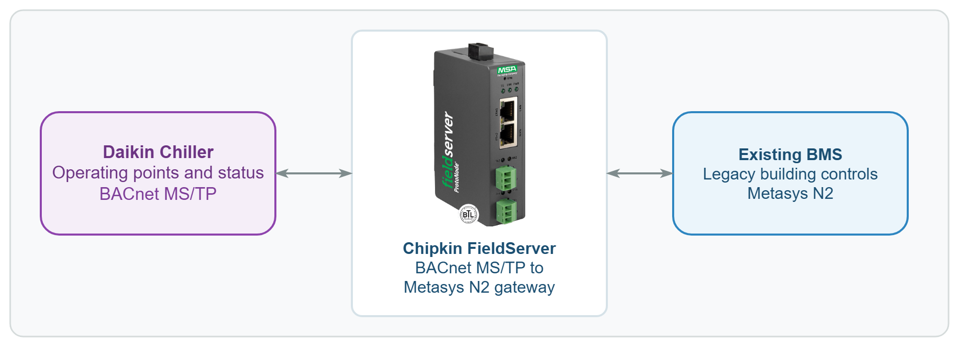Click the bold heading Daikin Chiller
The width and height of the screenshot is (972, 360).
coord(158,152)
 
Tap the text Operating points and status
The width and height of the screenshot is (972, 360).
coord(158,173)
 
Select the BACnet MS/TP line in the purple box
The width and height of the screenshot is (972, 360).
coord(158,194)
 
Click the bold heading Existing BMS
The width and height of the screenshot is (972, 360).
coord(790,154)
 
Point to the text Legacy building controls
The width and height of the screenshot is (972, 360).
coord(790,174)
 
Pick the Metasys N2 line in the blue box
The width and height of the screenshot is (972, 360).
coord(790,193)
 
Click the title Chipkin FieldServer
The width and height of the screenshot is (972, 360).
coord(479,248)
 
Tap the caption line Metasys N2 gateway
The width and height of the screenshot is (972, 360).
coord(479,287)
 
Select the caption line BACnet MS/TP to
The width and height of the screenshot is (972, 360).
coord(479,268)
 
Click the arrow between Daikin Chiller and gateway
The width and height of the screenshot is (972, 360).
coord(314,173)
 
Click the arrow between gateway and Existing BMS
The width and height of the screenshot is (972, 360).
coord(640,173)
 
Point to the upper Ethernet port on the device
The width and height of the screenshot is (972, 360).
coord(507,111)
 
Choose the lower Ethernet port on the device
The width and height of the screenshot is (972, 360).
coord(507,135)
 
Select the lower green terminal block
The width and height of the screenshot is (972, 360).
coord(506,211)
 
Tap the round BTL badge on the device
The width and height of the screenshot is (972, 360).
coord(468,214)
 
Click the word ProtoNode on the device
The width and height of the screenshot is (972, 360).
coord(457,177)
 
